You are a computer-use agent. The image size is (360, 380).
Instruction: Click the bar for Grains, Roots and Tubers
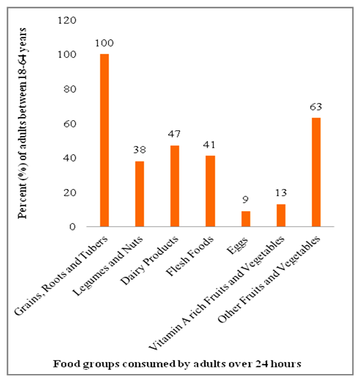point(105,140)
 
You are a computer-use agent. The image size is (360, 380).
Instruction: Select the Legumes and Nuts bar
point(140,194)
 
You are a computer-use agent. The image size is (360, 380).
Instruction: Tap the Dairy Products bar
point(175,186)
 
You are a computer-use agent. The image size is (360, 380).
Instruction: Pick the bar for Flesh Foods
point(210,191)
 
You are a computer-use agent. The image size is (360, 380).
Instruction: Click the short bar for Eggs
point(245,219)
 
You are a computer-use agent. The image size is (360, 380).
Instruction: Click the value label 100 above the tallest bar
point(105,43)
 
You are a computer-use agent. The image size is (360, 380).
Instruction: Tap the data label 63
point(316,108)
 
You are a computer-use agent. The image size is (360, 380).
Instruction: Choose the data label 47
point(175,135)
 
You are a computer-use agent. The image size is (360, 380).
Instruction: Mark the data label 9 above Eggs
point(245,200)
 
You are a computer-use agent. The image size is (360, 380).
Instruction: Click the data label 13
point(281,194)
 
